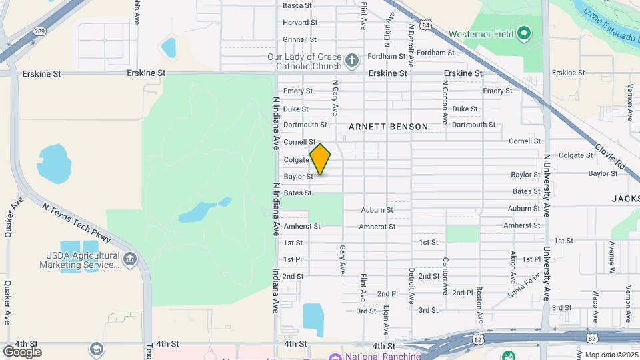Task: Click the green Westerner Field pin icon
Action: click(x=524, y=33)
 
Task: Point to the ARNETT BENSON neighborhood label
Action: click(x=388, y=126)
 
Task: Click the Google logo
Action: click(x=22, y=351)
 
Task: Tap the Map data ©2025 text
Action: click(x=611, y=355)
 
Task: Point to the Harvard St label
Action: click(x=299, y=22)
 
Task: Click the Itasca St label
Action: click(x=297, y=5)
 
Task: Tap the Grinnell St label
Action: click(x=299, y=39)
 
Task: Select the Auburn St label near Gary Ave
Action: click(x=377, y=210)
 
